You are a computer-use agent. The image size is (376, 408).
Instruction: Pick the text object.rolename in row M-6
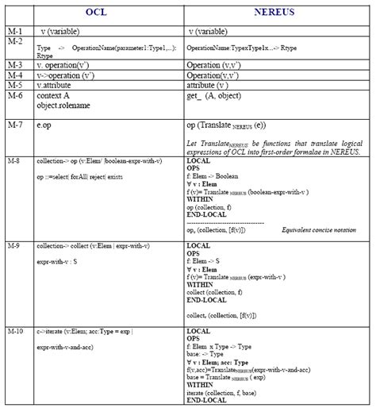[63, 105]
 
